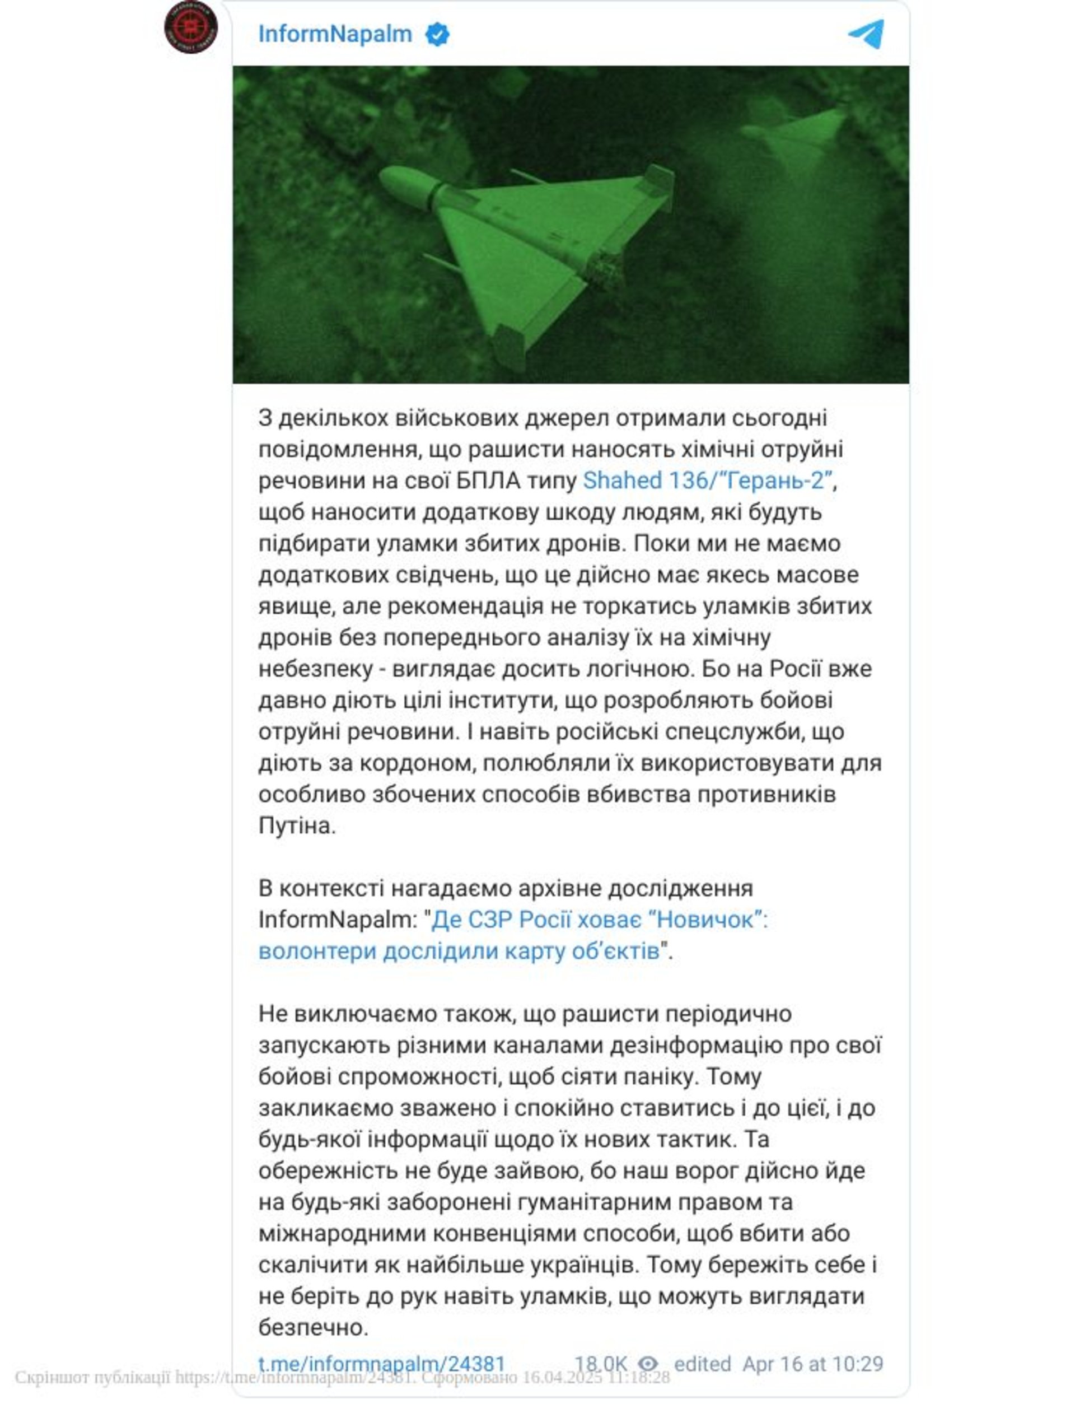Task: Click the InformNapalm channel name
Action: tap(335, 34)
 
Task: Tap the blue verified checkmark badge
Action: tap(438, 35)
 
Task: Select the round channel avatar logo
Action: tap(191, 27)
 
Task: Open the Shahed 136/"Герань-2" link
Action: tap(708, 481)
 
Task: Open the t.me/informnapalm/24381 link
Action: tap(381, 1364)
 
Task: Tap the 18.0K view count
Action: tap(601, 1364)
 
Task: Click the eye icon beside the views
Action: tap(648, 1364)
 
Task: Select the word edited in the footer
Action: tap(702, 1364)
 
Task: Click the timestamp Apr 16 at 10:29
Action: tap(812, 1364)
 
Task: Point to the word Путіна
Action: tap(297, 826)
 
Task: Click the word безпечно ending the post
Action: tap(313, 1328)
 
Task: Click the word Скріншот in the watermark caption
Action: tap(44, 1377)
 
